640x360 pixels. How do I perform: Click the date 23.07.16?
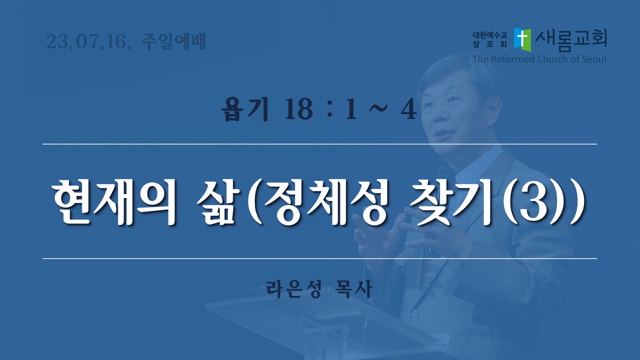(x=88, y=42)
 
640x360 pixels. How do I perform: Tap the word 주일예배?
(x=173, y=42)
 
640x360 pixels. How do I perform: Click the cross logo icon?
(x=522, y=39)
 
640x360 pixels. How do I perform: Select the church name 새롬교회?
(x=571, y=40)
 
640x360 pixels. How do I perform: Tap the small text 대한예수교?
(x=489, y=35)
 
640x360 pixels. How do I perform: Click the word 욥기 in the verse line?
(x=244, y=109)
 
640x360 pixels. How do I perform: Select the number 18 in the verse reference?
(x=298, y=109)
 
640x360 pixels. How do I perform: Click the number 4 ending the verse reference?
(x=408, y=109)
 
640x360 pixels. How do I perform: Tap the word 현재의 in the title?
(x=113, y=202)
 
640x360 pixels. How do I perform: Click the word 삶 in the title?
(x=218, y=202)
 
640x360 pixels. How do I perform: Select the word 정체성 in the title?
(x=326, y=202)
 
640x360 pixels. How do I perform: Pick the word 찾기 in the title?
(x=450, y=202)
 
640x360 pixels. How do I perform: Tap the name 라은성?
(x=293, y=289)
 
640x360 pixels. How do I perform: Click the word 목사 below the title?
(x=354, y=289)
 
